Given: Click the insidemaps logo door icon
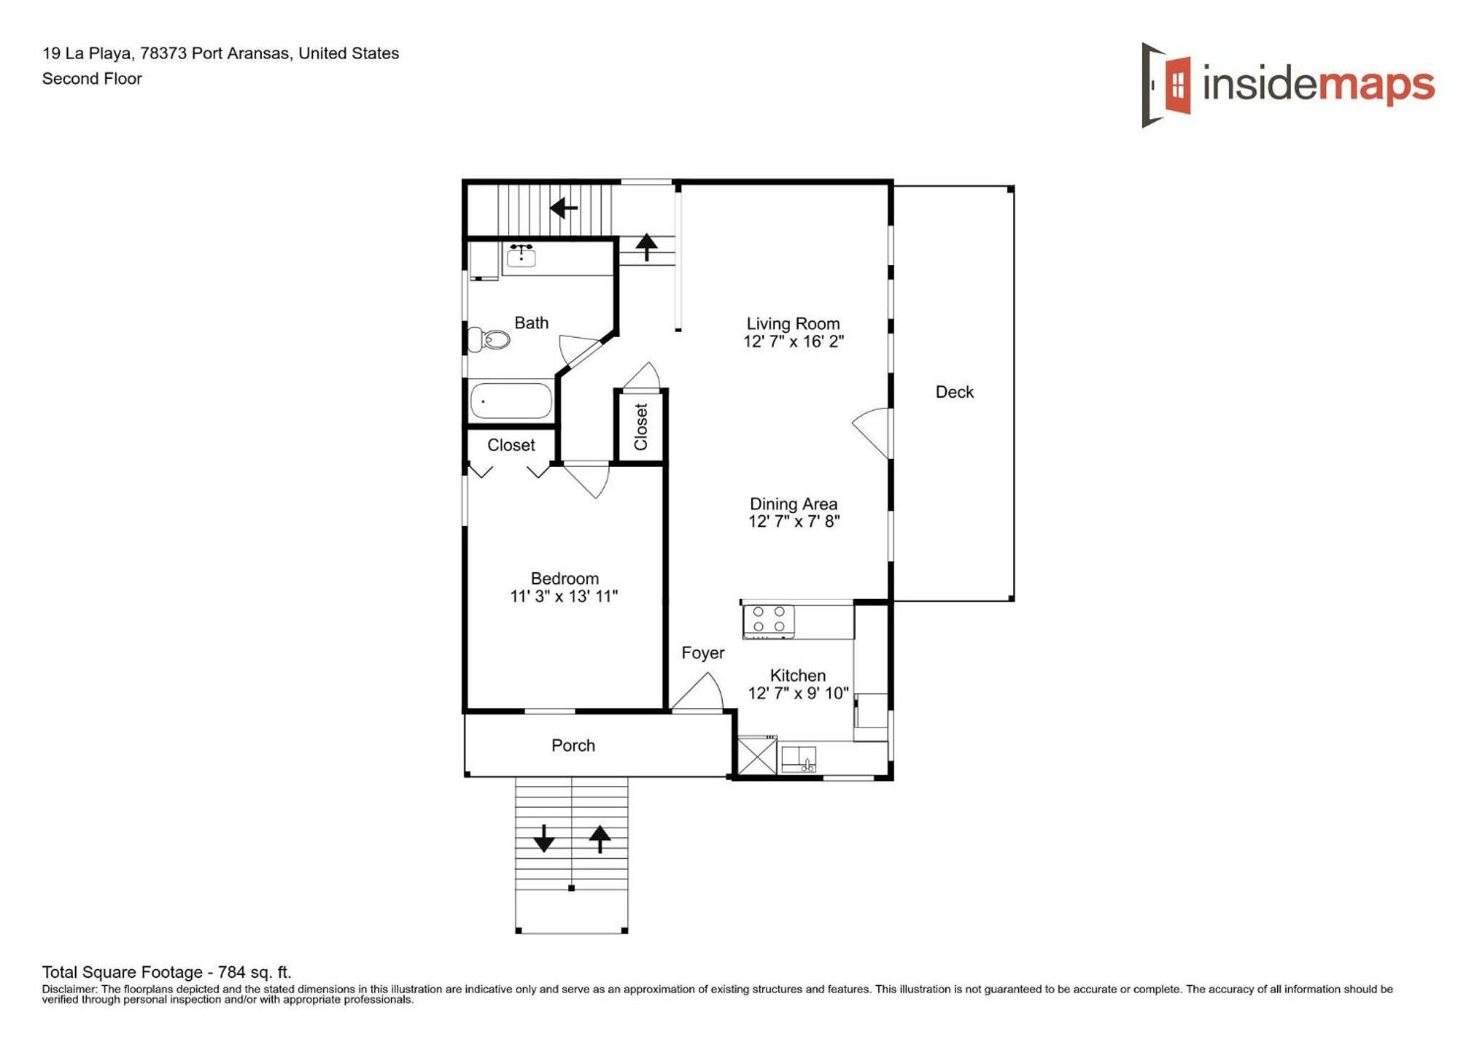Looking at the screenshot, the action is [x=1166, y=84].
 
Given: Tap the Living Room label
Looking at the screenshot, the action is [x=793, y=323].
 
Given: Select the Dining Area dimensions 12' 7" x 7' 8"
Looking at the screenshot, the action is [x=794, y=521].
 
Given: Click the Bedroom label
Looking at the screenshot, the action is [x=564, y=578].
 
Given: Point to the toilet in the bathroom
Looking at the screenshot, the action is [x=488, y=338].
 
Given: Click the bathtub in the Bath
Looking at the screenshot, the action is [x=511, y=401].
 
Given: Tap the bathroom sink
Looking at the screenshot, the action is [x=521, y=255].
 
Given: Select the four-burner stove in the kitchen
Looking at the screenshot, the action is [x=769, y=621].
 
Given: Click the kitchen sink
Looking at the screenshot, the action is [x=799, y=759].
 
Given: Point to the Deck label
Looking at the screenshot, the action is [x=954, y=392].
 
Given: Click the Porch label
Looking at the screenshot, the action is [x=573, y=745].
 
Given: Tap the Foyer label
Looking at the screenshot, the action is [x=703, y=652].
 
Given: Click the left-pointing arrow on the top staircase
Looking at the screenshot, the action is [x=564, y=209].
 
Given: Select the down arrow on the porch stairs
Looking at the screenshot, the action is [x=543, y=838].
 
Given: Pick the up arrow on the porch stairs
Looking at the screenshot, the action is [x=600, y=839].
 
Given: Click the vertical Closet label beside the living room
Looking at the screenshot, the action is [x=641, y=427].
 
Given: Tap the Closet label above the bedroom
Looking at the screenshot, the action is [x=511, y=445].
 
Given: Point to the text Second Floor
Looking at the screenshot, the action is [x=92, y=79].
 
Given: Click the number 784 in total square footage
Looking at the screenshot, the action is [x=232, y=972].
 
